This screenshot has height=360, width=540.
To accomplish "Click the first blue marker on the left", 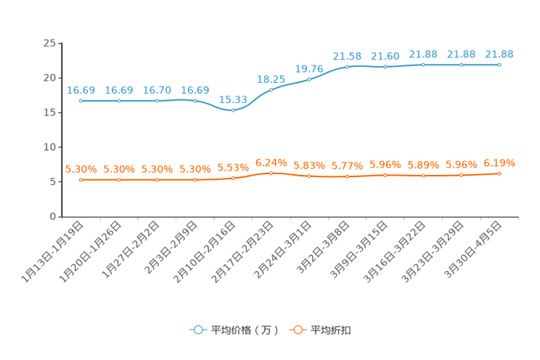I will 81,101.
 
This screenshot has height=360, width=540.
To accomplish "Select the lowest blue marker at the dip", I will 233,111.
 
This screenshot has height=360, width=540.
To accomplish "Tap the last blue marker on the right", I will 499,65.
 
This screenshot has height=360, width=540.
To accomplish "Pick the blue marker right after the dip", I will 271,89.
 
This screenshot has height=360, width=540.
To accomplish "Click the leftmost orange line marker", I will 81,179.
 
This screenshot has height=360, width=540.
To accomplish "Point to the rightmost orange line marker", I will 499,173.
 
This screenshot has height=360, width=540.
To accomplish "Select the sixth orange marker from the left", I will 271,173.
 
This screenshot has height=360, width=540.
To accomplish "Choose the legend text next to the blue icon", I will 244,330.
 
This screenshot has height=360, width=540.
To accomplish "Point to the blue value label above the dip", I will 233,99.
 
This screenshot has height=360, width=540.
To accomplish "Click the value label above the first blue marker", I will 81,90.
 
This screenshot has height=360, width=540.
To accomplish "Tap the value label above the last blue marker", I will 499,54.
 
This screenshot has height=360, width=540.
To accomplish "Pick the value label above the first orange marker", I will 81,168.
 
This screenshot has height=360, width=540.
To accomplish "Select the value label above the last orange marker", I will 499,163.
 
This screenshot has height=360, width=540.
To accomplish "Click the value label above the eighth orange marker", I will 347,165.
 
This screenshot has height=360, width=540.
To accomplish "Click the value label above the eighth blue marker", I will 347,55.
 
